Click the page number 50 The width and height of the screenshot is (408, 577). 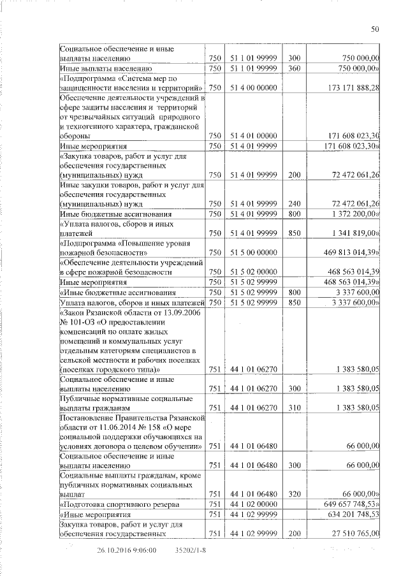pyautogui.click(x=375, y=29)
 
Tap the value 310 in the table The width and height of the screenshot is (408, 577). pyautogui.click(x=294, y=407)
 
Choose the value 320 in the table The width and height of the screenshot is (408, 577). pyautogui.click(x=294, y=493)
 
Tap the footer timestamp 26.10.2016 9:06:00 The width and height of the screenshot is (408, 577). pyautogui.click(x=127, y=550)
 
